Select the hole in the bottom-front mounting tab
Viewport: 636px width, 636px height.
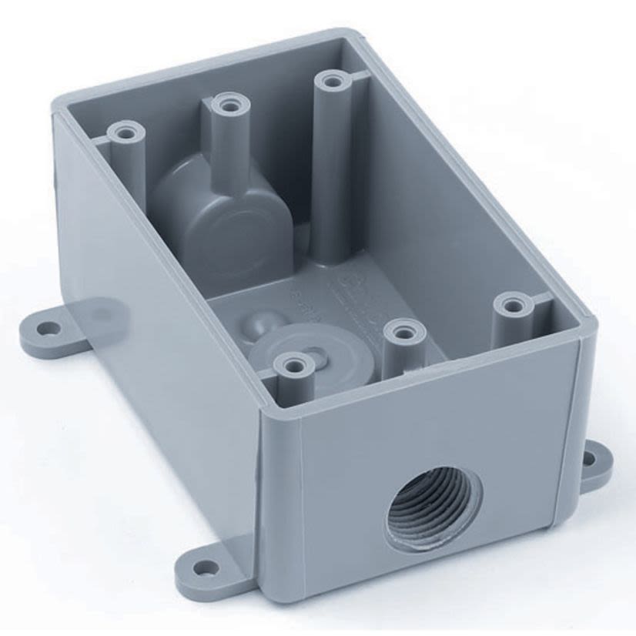(x=204, y=571)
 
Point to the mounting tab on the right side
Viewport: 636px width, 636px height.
(x=593, y=464)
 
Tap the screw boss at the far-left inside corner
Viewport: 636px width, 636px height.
(x=126, y=134)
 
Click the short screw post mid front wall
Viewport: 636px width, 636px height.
(x=405, y=333)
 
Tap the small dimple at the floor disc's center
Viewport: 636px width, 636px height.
(x=318, y=355)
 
